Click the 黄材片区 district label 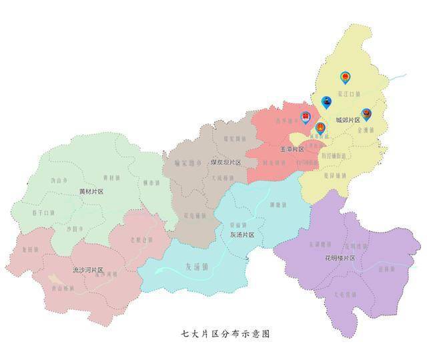pyautogui.click(x=91, y=191)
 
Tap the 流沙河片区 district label pyautogui.click(x=88, y=270)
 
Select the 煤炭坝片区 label pyautogui.click(x=226, y=162)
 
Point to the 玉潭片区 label pyautogui.click(x=292, y=148)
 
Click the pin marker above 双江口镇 pyautogui.click(x=345, y=77)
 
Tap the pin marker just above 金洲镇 pyautogui.click(x=366, y=115)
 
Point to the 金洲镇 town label pyautogui.click(x=366, y=130)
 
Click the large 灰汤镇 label pyautogui.click(x=196, y=266)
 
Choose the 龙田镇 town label pyautogui.click(x=28, y=248)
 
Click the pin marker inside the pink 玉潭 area pyautogui.click(x=306, y=117)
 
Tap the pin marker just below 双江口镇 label pyautogui.click(x=327, y=102)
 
